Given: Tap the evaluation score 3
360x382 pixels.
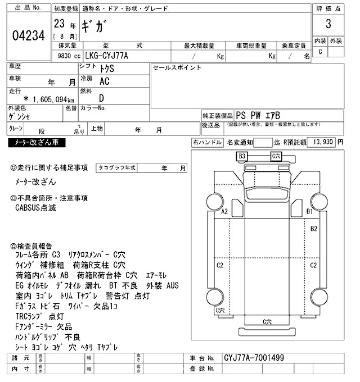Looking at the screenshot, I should [327, 25].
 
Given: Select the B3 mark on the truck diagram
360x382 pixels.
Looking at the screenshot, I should [242, 156].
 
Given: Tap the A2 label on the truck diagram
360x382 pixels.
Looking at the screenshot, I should [224, 212].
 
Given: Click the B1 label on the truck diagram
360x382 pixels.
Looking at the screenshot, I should [309, 212].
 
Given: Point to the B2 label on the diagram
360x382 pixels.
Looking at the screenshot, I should [314, 229].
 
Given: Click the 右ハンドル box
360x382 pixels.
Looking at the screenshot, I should [208, 143].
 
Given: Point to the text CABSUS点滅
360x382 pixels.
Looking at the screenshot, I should [37, 207].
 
